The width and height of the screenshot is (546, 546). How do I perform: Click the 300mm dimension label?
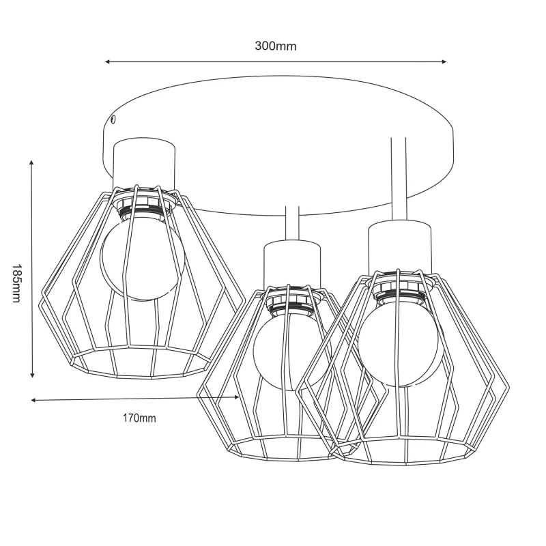(x=276, y=46)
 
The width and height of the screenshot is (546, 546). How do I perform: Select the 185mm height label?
(x=16, y=283)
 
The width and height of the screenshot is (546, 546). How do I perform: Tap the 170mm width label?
(x=139, y=418)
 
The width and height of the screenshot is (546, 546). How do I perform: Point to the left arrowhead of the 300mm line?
(x=108, y=61)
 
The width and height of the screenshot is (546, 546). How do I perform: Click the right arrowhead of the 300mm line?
(x=444, y=61)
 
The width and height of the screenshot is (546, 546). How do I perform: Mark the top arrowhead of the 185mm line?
(x=31, y=162)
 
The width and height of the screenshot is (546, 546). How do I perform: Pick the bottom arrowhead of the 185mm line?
(x=32, y=375)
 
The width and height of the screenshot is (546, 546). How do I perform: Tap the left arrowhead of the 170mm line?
(x=33, y=401)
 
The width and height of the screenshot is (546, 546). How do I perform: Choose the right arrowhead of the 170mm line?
(x=236, y=397)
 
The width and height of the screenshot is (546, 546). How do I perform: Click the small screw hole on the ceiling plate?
(x=113, y=120)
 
